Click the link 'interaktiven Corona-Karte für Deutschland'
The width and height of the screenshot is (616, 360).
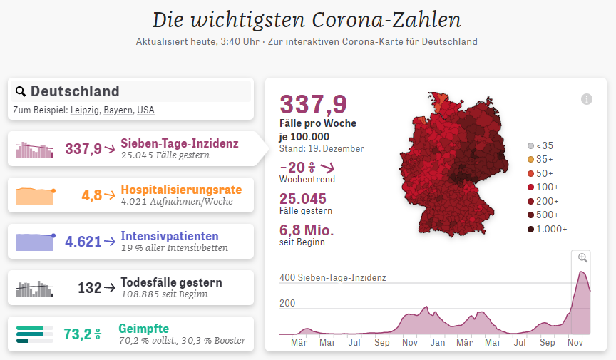click(381, 41)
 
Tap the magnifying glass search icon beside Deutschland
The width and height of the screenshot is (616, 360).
click(20, 91)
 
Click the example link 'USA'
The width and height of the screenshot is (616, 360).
click(145, 110)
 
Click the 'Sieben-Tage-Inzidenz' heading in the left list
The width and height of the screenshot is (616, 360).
click(180, 143)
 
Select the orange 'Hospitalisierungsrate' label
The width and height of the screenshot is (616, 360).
click(181, 190)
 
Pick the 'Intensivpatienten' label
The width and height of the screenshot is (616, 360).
click(170, 236)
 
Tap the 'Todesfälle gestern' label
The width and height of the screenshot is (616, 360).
click(170, 282)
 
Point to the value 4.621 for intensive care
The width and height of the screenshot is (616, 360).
click(83, 242)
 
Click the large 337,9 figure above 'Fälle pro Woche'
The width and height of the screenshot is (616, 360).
click(314, 105)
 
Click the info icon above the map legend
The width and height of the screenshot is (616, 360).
click(587, 99)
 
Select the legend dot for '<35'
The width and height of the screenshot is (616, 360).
click(530, 145)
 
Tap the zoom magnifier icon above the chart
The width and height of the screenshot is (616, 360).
click(582, 258)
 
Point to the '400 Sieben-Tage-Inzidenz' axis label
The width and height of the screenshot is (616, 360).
click(332, 277)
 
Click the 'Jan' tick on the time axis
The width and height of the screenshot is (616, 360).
click(437, 342)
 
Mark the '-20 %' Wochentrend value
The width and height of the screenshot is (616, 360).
click(298, 168)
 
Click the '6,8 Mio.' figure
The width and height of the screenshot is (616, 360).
click(307, 230)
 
